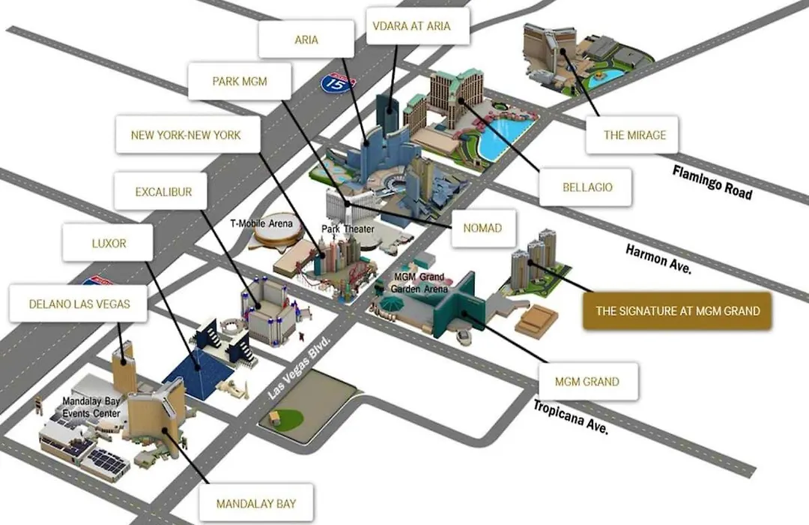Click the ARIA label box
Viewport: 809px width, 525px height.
pos(306,39)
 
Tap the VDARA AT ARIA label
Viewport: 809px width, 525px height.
pos(412,25)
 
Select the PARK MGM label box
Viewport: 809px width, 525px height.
pos(240,81)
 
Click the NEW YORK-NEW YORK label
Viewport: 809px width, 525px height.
pos(186,135)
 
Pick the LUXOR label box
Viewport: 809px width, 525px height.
pos(108,243)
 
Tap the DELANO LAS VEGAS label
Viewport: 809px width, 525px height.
pos(79,304)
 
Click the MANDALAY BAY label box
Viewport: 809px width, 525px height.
pos(256,502)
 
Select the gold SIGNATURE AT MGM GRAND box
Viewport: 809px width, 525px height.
pos(677,310)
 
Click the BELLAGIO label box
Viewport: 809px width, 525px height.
pos(586,187)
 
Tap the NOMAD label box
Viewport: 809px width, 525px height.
pos(483,228)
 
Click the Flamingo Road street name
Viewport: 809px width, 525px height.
pos(712,182)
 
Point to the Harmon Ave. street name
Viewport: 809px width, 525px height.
pos(658,259)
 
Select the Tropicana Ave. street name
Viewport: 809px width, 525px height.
pos(571,417)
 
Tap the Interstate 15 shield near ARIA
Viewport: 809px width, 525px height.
pos(337,82)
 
